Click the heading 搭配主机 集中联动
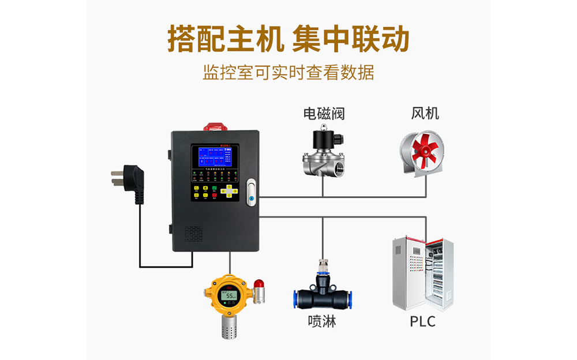pyautogui.click(x=288, y=39)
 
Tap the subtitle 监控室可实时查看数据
pyautogui.click(x=288, y=73)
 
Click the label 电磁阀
pyautogui.click(x=324, y=114)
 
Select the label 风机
pyautogui.click(x=425, y=113)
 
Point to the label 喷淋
pyautogui.click(x=322, y=321)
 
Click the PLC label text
pyautogui.click(x=423, y=321)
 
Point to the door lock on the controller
pyautogui.click(x=250, y=193)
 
